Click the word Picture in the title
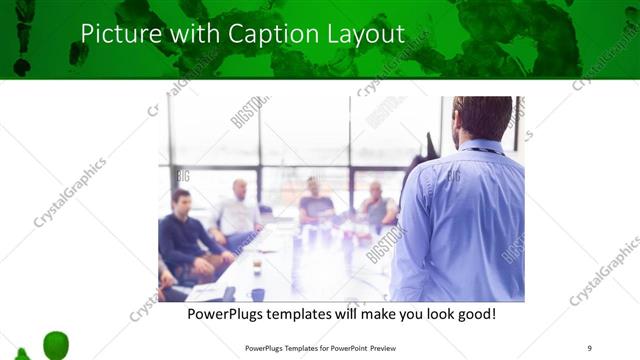(x=112, y=33)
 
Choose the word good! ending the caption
(x=475, y=315)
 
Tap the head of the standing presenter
(x=481, y=118)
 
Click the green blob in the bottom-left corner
(x=56, y=345)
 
